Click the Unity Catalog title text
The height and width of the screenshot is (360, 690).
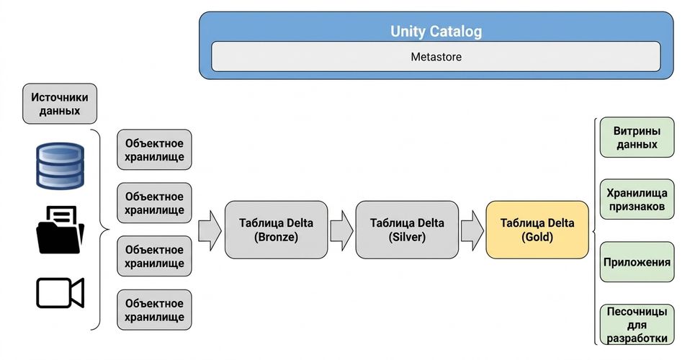(x=436, y=31)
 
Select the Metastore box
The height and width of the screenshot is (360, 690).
(x=436, y=56)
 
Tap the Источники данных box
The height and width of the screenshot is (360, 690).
(x=59, y=104)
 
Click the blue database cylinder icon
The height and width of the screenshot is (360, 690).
(x=60, y=166)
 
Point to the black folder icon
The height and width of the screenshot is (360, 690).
(x=60, y=230)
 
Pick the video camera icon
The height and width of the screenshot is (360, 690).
(x=60, y=292)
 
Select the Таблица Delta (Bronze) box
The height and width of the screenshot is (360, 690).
(x=276, y=230)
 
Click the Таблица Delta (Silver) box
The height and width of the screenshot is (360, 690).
(x=407, y=230)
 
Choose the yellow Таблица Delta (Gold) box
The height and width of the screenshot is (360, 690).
(x=537, y=230)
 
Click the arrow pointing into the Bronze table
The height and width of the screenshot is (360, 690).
(x=210, y=230)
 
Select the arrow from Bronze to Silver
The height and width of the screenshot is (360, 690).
(x=341, y=230)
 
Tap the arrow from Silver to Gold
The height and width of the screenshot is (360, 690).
(x=472, y=230)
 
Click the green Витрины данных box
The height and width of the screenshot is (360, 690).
(x=637, y=138)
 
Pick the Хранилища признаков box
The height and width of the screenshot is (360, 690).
(x=637, y=199)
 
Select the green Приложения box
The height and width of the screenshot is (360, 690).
(x=637, y=262)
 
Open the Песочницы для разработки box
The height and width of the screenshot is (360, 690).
(x=637, y=324)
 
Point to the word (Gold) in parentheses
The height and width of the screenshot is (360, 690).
(x=537, y=237)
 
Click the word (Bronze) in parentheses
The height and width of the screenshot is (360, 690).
(x=276, y=237)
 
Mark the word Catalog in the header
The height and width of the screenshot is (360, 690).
(x=456, y=31)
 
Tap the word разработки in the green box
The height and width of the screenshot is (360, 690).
(x=637, y=338)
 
